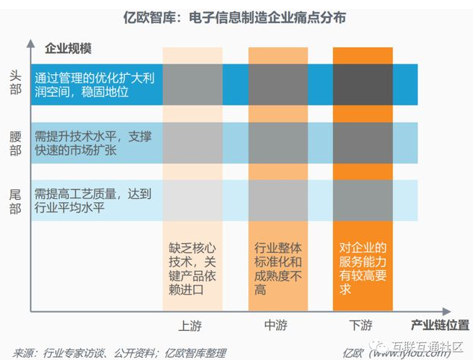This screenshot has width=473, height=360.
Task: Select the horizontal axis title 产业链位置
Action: pyautogui.click(x=441, y=325)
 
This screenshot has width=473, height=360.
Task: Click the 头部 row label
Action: pyautogui.click(x=16, y=84)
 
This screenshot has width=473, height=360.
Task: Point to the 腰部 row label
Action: pyautogui.click(x=16, y=142)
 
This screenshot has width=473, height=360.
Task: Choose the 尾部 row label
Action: pyautogui.click(x=16, y=201)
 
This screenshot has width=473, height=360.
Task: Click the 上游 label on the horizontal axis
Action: pyautogui.click(x=190, y=326)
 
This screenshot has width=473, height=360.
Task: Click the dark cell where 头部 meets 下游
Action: pyautogui.click(x=363, y=84)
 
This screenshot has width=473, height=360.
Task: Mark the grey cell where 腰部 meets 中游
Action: pyautogui.click(x=278, y=142)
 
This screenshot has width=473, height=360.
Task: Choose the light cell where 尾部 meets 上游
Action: pyautogui.click(x=192, y=201)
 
